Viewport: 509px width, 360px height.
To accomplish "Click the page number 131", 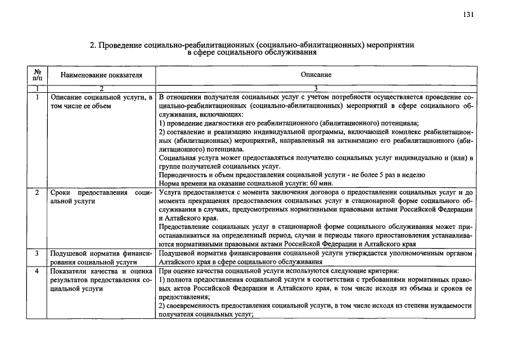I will [467, 15].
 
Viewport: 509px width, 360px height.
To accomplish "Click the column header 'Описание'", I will [316, 75].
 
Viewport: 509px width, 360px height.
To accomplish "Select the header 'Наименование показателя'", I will [102, 75].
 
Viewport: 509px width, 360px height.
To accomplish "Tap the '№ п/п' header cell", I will [37, 75].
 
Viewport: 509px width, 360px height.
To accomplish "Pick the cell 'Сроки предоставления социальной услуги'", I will [101, 196].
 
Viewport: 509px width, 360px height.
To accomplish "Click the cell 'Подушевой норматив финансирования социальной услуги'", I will [101, 258].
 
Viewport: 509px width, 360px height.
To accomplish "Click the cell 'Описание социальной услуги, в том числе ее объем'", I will [101, 101].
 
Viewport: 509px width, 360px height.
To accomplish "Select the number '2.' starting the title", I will [93, 44].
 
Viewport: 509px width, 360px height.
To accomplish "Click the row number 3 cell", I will [37, 254].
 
